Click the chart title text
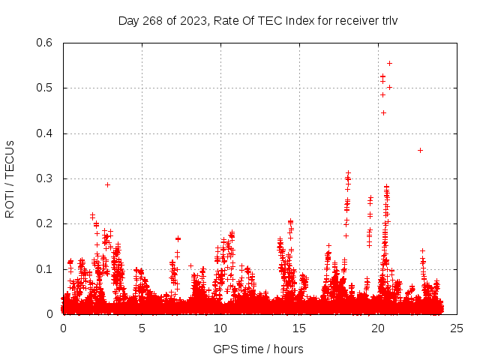coord(258,20)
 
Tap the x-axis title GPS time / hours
coord(258,349)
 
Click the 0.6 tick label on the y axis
coord(46,43)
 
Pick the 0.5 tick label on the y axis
coord(46,88)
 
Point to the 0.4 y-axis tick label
coord(46,133)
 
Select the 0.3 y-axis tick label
coord(46,178)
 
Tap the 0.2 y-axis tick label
coord(46,224)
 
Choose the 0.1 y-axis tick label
coord(46,269)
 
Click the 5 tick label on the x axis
coord(142,328)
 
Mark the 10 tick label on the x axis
coord(220,328)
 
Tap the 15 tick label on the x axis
coord(298,328)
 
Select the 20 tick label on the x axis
coord(377,328)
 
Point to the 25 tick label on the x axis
coord(455,328)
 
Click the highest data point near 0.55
coord(389,63)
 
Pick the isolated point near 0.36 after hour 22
coord(420,150)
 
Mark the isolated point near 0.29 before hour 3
coord(107,184)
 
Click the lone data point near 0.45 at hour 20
coord(383,112)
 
